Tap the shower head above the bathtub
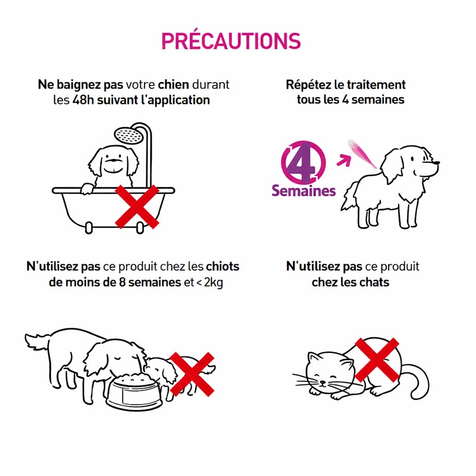(129, 135)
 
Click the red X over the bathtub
(137, 206)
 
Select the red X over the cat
(377, 360)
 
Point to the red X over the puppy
(192, 374)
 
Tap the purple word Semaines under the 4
(303, 190)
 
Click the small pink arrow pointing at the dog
(344, 159)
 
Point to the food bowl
(134, 392)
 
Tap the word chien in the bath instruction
(173, 84)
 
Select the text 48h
(83, 100)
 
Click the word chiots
(223, 266)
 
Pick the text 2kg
(214, 282)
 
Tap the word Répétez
(308, 84)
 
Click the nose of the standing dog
(436, 162)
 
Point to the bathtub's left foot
(89, 228)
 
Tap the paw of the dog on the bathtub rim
(87, 188)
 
